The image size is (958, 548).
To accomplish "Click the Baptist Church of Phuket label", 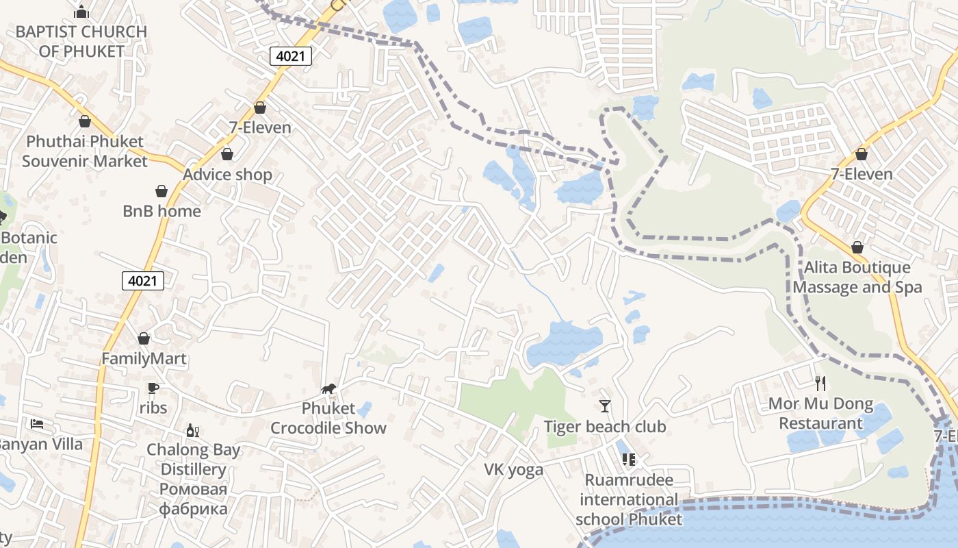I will pos(81,41).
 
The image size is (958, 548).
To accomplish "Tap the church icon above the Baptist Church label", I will pos(81,12).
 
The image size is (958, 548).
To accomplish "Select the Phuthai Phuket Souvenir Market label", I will pos(85,151).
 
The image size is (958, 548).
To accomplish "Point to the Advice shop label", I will pos(227,175).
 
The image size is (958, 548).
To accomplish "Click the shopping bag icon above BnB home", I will pos(161,191).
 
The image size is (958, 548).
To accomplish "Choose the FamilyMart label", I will pos(144,358).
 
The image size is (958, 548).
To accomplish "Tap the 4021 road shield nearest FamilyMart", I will pos(143,280).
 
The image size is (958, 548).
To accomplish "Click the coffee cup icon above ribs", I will pos(153,388).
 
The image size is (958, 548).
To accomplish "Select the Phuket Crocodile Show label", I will pos(328,418).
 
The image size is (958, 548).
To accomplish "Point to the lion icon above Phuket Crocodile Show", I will pos(328,389).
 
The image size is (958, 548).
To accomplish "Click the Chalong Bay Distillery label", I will pos(194,480).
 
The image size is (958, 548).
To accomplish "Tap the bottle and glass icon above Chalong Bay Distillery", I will pos(193,431).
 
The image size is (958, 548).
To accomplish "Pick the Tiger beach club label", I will pos(605,427).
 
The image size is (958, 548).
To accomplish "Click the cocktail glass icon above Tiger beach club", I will pos(604,406).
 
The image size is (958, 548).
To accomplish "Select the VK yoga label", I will pos(514,469).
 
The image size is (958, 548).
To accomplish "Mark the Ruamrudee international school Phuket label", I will pos(629,499).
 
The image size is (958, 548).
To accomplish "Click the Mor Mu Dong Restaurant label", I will pos(820,413).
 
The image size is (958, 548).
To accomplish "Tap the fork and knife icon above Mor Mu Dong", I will pos(820,384).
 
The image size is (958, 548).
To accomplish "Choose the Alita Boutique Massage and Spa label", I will pos(857,277).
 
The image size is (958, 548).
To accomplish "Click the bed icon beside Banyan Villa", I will pos(37,424).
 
